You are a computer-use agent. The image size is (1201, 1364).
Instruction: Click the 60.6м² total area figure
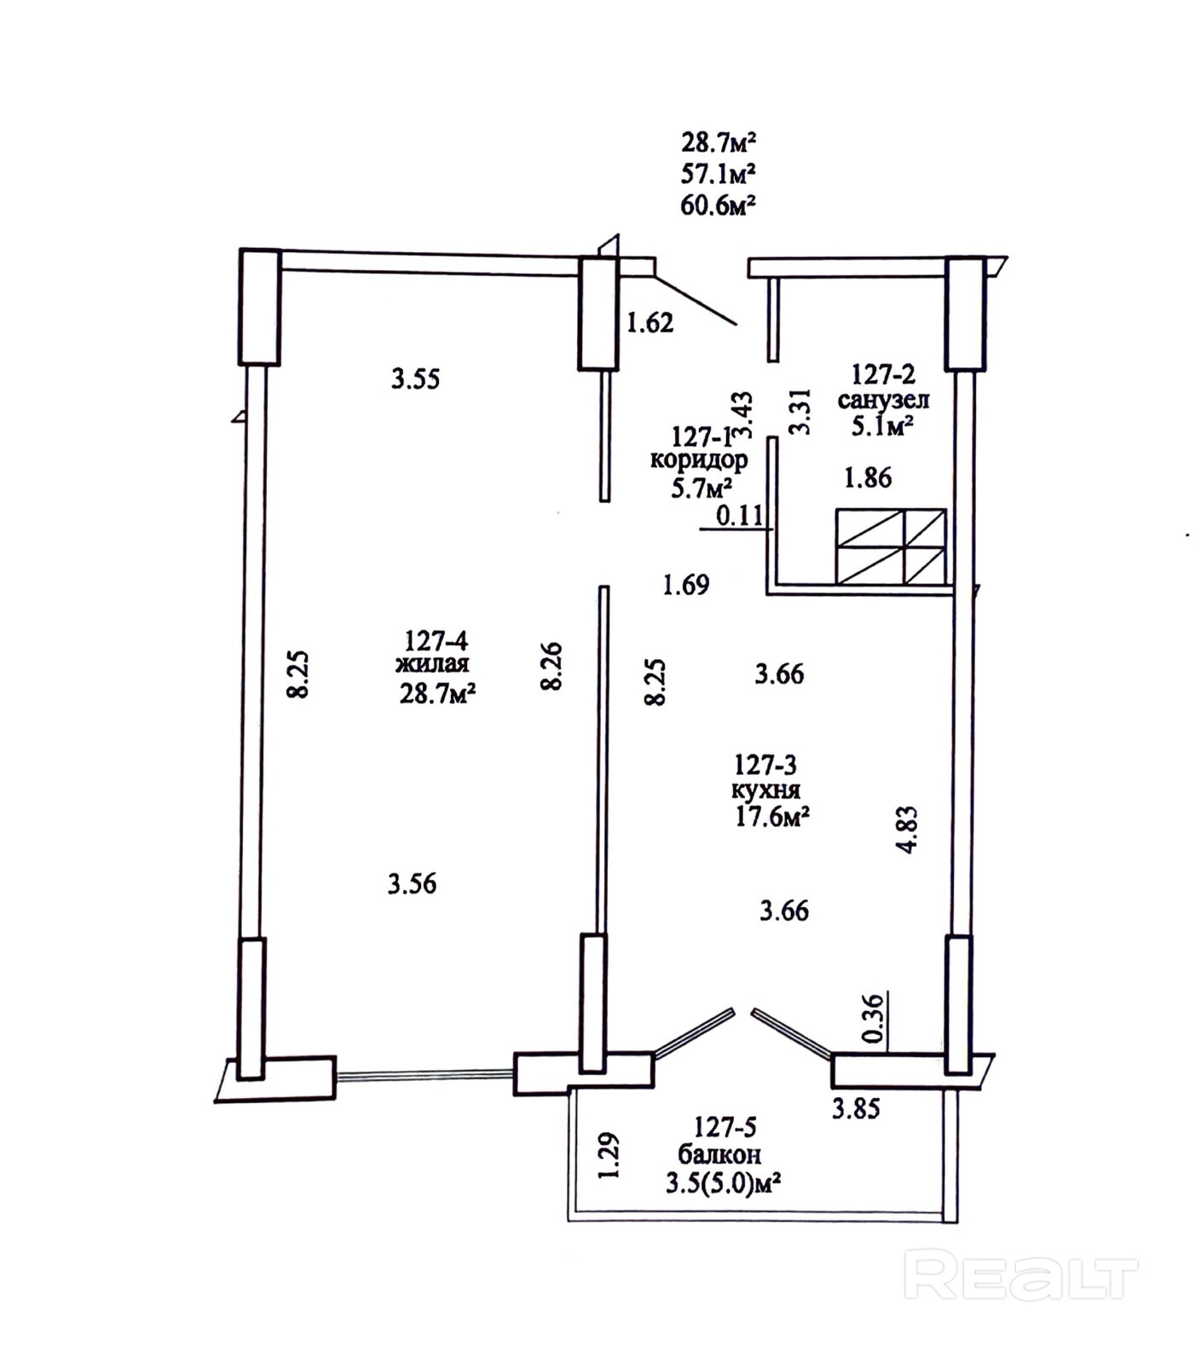coord(719,205)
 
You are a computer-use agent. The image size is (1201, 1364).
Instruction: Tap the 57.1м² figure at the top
coord(719,174)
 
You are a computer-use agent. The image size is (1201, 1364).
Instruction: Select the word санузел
coord(883,399)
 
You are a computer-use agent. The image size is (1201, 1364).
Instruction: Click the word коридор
coord(699,461)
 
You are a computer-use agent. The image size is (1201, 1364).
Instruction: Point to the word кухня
coord(765,790)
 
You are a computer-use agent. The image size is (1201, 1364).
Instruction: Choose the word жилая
coord(432,665)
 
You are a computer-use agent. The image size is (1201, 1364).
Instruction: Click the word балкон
coord(719,1155)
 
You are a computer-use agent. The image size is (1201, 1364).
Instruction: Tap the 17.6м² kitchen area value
coord(772,818)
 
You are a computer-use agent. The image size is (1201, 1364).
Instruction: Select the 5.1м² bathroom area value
coord(882,426)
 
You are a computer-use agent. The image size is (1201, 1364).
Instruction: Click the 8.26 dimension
coord(552,666)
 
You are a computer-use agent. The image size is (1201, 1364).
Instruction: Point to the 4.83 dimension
coord(907,829)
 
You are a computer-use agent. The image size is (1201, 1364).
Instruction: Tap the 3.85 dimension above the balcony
coord(856,1109)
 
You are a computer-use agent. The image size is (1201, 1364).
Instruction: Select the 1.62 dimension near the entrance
coord(650,323)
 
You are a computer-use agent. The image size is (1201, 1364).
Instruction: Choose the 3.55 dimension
coord(416,379)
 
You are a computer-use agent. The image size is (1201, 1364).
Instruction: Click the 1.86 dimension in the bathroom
coord(868,478)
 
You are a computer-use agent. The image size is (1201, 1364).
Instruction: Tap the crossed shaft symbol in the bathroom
coord(891,546)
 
